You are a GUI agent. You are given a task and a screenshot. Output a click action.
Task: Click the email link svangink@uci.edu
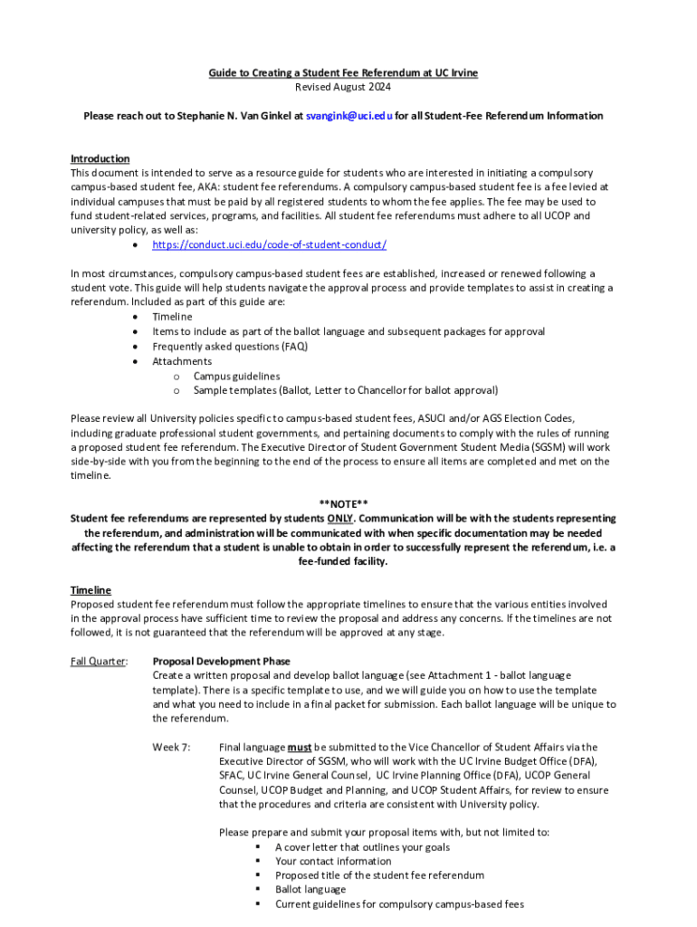(348, 116)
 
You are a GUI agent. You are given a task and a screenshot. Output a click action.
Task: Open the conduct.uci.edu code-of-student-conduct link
(269, 245)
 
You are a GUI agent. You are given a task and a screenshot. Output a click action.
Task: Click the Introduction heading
(100, 158)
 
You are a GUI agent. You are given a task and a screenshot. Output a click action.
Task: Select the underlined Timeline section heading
(91, 589)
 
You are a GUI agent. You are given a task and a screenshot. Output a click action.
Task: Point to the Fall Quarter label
(99, 661)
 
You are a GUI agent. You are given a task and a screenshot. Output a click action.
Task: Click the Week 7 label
(171, 747)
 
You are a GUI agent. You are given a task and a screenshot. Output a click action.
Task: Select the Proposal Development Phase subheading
(221, 661)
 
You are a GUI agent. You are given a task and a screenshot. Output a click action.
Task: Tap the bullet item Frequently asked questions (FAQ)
(230, 347)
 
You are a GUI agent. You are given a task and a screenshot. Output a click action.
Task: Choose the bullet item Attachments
(182, 361)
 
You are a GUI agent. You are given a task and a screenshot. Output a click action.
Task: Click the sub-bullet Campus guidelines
(236, 376)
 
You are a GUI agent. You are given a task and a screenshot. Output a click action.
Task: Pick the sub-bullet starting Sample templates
(345, 390)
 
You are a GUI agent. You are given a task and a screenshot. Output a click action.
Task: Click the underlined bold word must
(300, 747)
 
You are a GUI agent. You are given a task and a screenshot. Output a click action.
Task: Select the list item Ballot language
(310, 890)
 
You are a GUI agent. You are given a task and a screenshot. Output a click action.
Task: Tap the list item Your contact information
(333, 861)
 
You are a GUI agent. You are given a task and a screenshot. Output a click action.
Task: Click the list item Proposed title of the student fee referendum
(379, 875)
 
